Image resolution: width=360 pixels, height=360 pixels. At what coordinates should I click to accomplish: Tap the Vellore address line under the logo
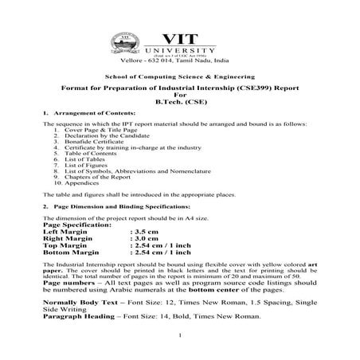point(179,60)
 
